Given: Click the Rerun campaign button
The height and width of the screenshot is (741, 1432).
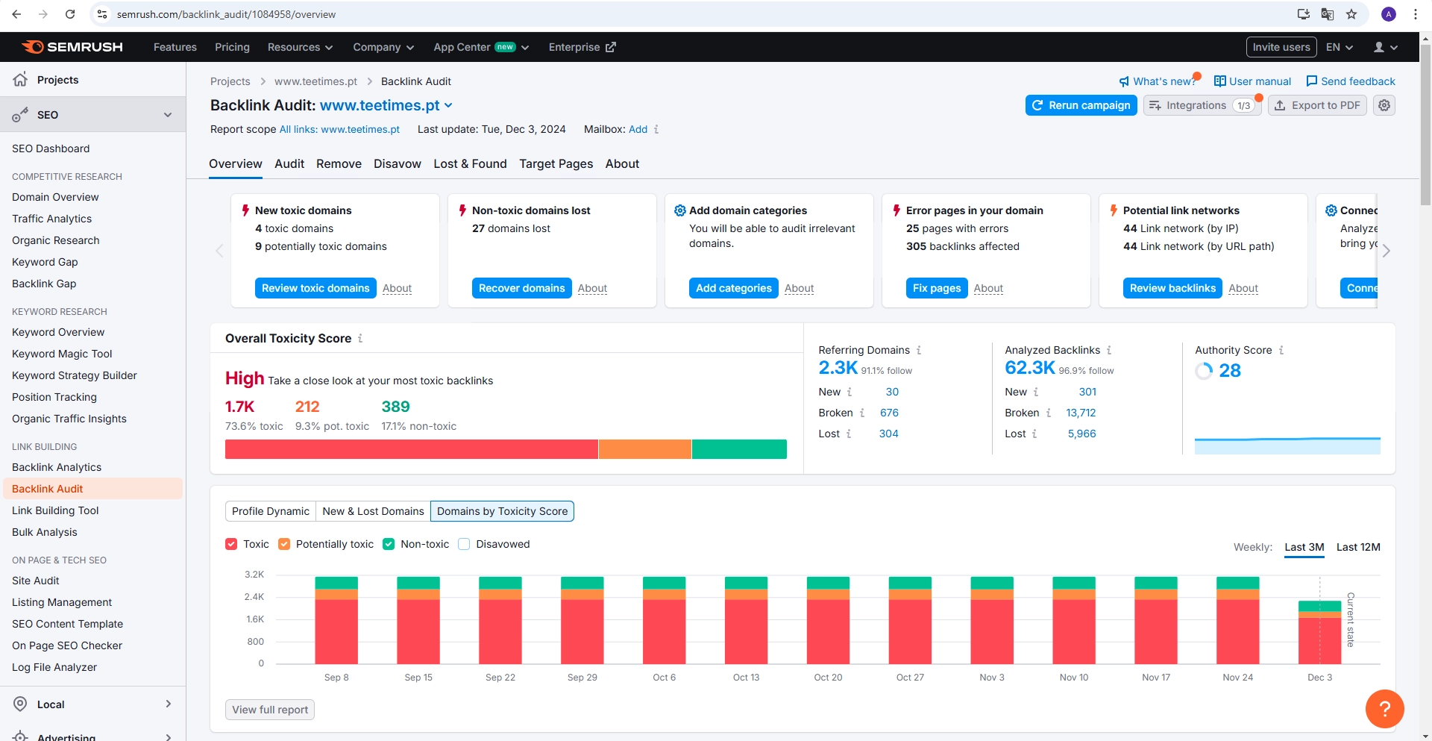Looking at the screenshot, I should pyautogui.click(x=1081, y=105).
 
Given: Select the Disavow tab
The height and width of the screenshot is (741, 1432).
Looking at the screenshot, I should pyautogui.click(x=397, y=163).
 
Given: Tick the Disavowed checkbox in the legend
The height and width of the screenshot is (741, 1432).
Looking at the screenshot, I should pyautogui.click(x=464, y=544).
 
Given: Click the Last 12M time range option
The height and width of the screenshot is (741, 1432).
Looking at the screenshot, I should pyautogui.click(x=1357, y=547).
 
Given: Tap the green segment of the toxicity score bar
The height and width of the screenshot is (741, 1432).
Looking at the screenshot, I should pyautogui.click(x=738, y=449).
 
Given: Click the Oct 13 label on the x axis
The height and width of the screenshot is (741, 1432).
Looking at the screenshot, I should pyautogui.click(x=746, y=678).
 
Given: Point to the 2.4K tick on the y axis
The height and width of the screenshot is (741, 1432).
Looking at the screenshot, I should pyautogui.click(x=254, y=597).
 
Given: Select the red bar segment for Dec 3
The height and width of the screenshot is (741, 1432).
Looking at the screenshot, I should pyautogui.click(x=1319, y=640).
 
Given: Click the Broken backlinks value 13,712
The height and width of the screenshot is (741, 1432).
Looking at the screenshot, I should pyautogui.click(x=1081, y=413).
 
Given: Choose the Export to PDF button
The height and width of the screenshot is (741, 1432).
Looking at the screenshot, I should pyautogui.click(x=1317, y=105).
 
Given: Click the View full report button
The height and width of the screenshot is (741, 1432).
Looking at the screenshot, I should pyautogui.click(x=270, y=710).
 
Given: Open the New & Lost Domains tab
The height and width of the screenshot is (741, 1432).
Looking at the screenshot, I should pyautogui.click(x=373, y=511).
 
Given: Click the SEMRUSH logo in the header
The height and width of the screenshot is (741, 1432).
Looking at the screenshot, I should pyautogui.click(x=73, y=47).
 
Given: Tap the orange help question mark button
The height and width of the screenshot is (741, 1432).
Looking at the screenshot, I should pyautogui.click(x=1384, y=708).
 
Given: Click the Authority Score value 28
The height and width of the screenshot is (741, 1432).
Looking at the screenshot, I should pyautogui.click(x=1229, y=371).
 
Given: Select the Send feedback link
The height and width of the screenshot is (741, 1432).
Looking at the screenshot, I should pyautogui.click(x=1351, y=81).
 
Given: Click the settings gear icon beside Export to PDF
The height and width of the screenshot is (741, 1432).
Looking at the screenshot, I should pyautogui.click(x=1384, y=105).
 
